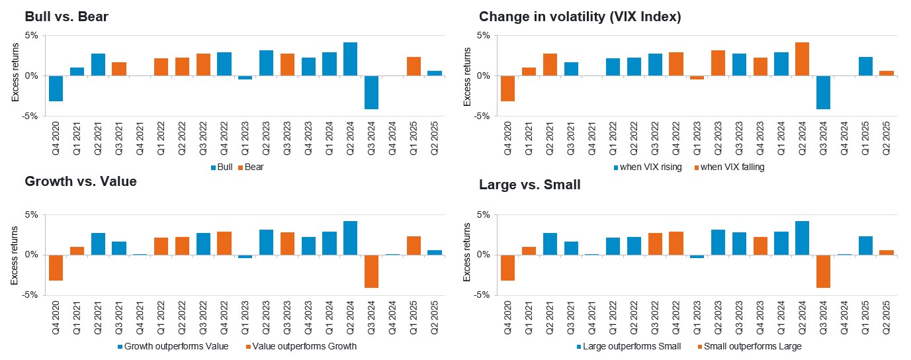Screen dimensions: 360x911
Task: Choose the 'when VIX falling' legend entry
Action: pos(728,167)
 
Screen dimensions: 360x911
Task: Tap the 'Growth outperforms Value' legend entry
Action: pos(171,346)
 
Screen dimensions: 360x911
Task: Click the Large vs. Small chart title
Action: pos(529,185)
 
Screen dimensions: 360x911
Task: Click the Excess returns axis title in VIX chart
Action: pos(467,76)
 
